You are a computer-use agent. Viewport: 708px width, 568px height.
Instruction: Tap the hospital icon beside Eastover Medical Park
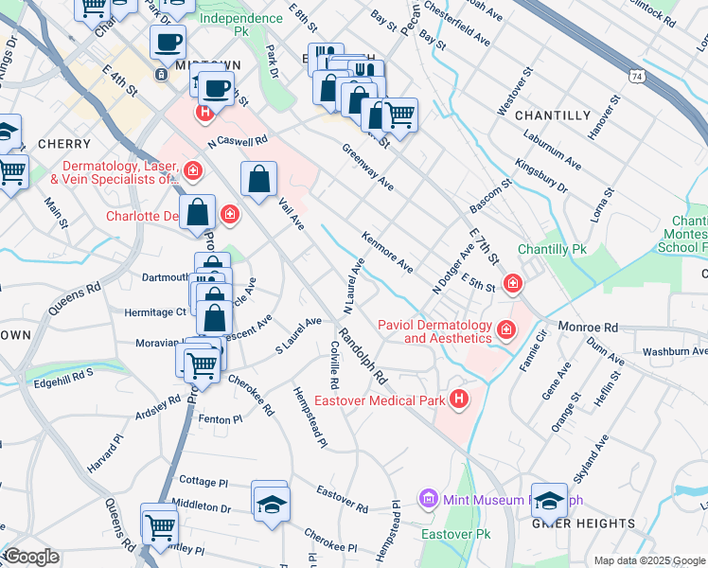[460, 400]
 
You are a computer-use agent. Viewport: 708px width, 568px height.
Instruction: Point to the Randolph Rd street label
[364, 357]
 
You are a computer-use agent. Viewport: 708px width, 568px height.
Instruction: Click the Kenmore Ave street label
[387, 252]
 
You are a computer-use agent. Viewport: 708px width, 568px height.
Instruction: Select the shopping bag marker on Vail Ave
[259, 179]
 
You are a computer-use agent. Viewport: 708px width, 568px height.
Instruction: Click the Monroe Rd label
[588, 328]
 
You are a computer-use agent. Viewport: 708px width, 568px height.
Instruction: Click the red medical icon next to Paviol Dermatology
[506, 329]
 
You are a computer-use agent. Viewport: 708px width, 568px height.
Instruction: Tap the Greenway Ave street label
[368, 168]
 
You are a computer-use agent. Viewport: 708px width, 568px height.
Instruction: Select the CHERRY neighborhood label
[37, 143]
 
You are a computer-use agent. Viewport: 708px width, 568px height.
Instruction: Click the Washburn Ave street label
[675, 351]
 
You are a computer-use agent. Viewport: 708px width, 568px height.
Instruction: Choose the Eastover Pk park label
[452, 534]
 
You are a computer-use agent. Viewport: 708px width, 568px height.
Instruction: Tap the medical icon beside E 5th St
[513, 282]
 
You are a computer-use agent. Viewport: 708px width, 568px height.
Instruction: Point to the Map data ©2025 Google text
[649, 560]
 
